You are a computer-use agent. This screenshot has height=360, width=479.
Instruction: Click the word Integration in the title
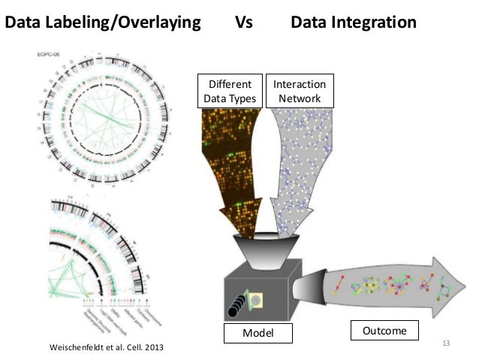tap(369, 23)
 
